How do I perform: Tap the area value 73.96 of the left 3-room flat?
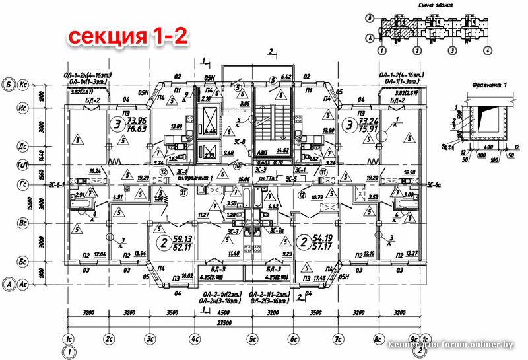pos(137,120)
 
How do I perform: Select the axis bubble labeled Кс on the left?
pos(22,85)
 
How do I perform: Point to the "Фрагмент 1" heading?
pos(488,85)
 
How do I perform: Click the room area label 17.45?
pos(321,279)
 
